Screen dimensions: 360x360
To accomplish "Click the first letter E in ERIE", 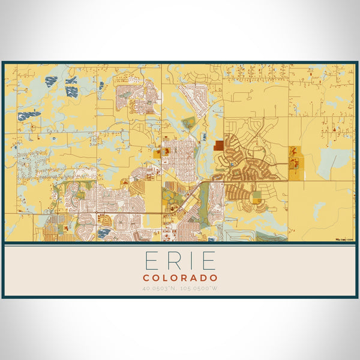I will tap(150, 262).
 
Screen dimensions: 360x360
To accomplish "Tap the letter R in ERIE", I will tap(170, 262).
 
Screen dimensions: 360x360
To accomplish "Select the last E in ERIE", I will tap(208, 262).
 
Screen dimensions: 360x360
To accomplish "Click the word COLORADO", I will tap(180, 278).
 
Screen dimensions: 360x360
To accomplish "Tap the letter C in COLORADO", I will tap(146, 278).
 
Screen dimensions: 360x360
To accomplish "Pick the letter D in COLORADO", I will tap(204, 278).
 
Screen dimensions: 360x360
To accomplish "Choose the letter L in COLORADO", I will tap(166, 278).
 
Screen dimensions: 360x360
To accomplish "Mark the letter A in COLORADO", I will tap(194, 278).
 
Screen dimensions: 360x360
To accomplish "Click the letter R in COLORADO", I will tap(184, 278).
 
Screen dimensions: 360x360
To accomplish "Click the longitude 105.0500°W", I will tap(200, 289).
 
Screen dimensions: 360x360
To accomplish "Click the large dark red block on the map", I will tap(218, 145).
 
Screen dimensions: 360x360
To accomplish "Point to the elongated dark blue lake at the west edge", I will tap(29, 114).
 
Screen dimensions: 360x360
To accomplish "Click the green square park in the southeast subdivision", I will tap(257, 195).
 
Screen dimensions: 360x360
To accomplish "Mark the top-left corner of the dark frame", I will tap(2, 62).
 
